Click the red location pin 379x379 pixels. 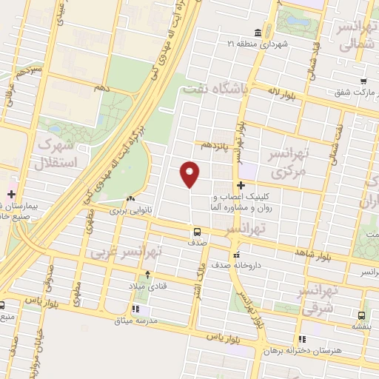pyautogui.click(x=190, y=173)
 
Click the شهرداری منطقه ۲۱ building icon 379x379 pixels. pyautogui.click(x=257, y=33)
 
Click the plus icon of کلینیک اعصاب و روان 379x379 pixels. pyautogui.click(x=241, y=185)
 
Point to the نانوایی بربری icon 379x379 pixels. pyautogui.click(x=131, y=198)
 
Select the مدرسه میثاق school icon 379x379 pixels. pyautogui.click(x=139, y=309)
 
